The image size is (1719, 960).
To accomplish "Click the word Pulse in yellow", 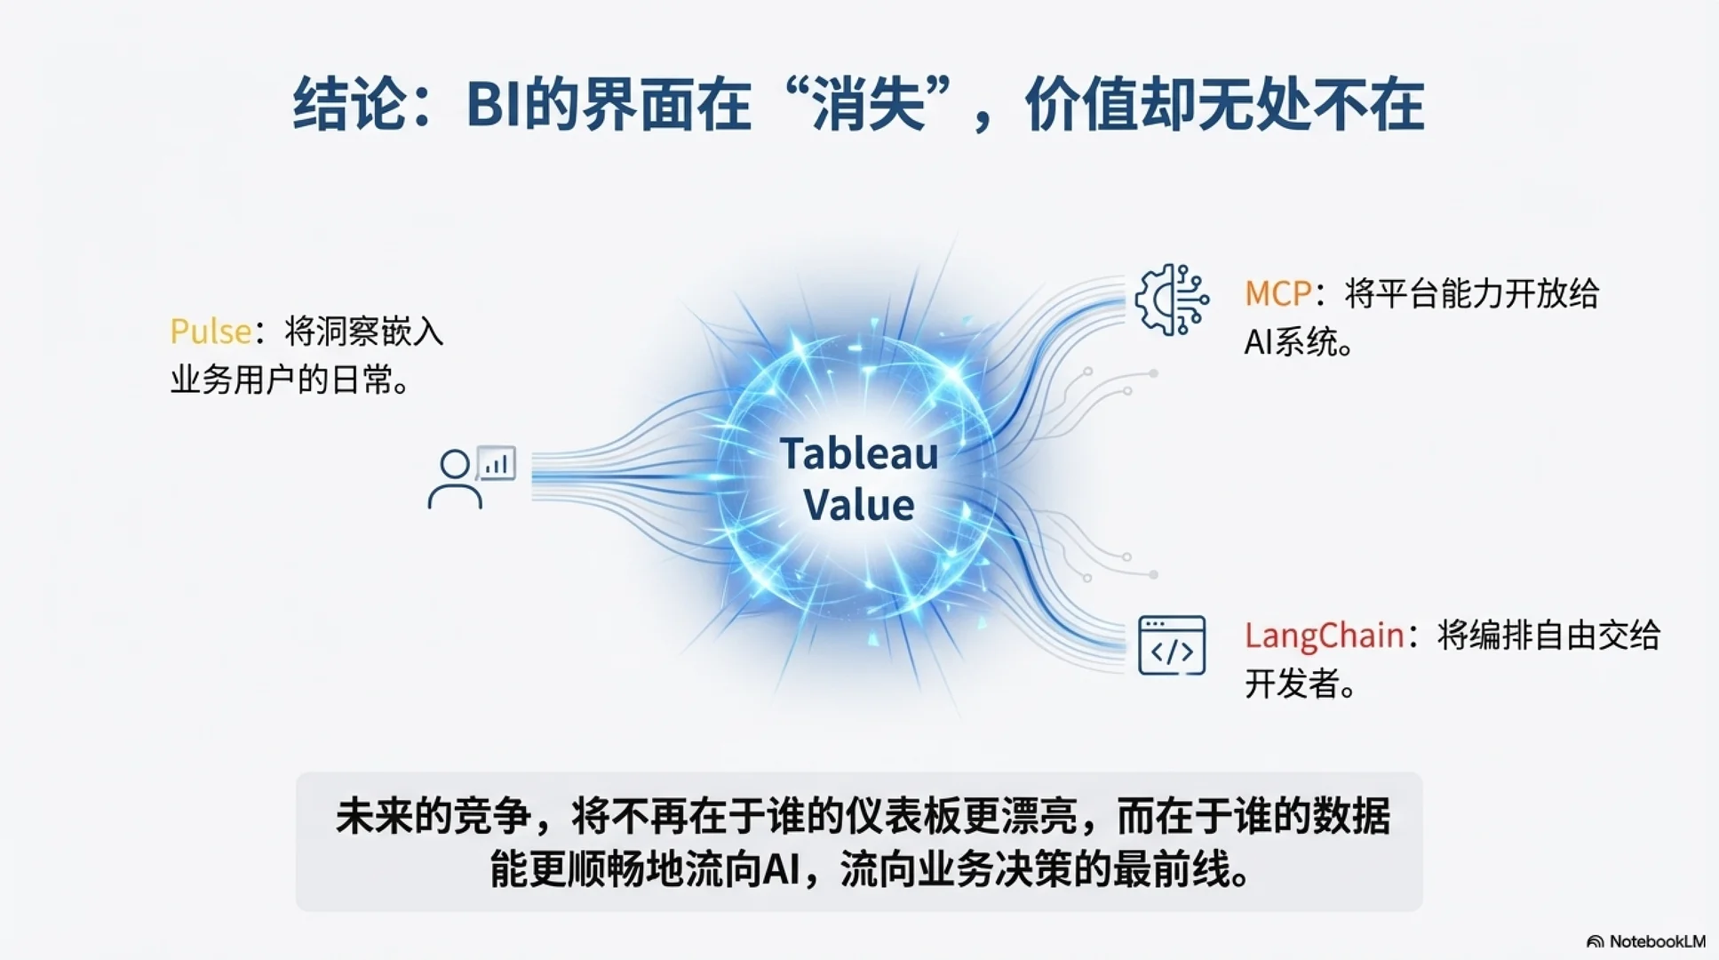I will point(211,332).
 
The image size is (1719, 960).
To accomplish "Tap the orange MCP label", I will point(1277,293).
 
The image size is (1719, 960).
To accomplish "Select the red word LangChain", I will point(1324,636).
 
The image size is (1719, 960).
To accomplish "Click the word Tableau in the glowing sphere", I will point(859,453).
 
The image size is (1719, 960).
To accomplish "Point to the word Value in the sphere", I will point(859,505).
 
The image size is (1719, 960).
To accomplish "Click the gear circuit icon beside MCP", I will point(1172,300).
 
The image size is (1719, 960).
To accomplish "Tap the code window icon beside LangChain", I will point(1172,645).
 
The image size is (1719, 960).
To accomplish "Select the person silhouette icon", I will point(455,480).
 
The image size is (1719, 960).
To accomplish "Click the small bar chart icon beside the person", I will point(497,463).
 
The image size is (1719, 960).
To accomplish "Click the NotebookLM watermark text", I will point(1657,941).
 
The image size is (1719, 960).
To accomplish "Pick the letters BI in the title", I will point(493,105).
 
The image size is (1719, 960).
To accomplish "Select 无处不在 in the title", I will point(1310,105).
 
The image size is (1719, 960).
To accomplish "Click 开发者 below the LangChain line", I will point(1292,684).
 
